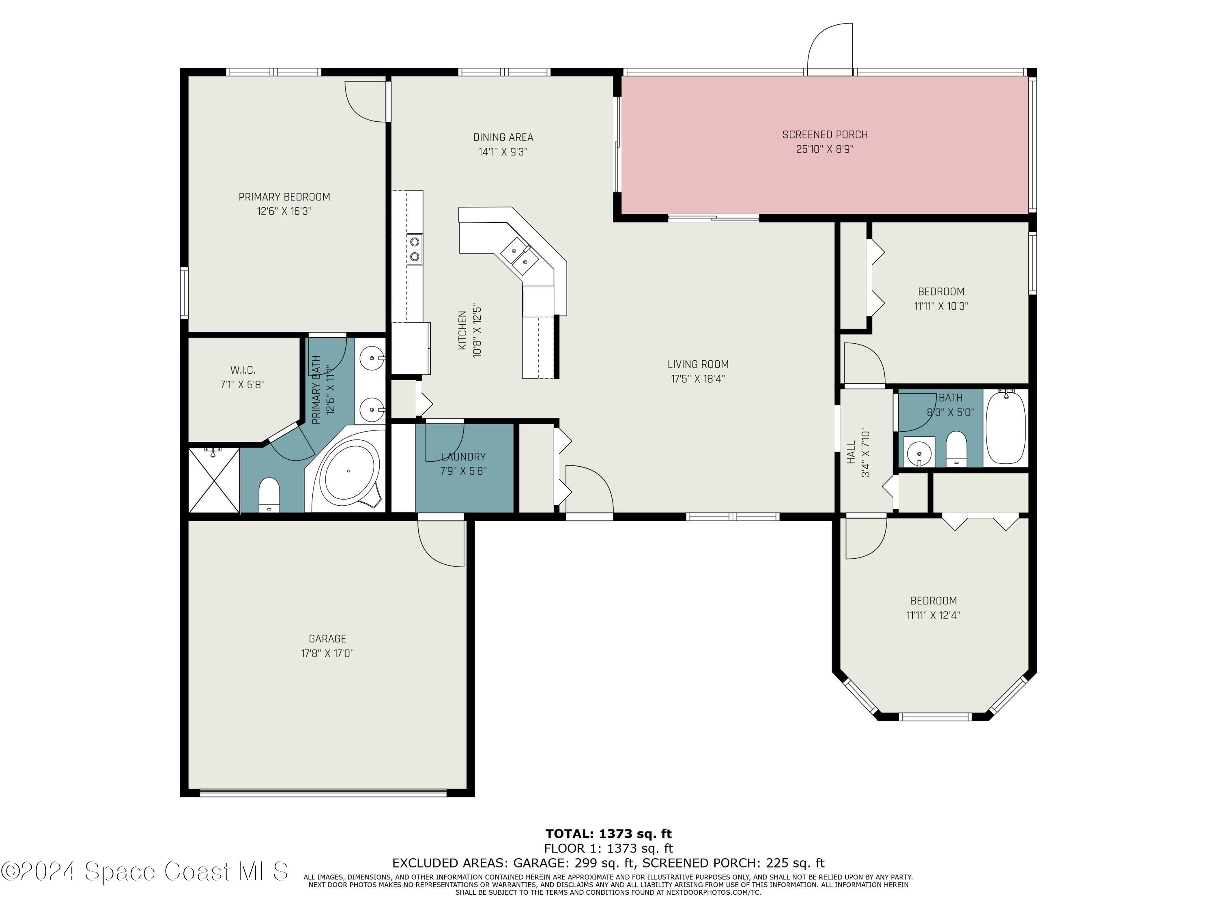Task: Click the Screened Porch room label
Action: [825, 134]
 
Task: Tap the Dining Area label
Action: [503, 137]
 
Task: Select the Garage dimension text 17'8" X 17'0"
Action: [327, 653]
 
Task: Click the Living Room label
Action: [698, 364]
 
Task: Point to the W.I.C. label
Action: [242, 370]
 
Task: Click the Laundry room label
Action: [463, 457]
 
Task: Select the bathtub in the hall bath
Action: [1006, 427]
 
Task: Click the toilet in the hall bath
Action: [957, 448]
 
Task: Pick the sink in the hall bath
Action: [919, 453]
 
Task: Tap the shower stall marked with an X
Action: [215, 480]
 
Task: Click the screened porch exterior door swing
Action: [830, 48]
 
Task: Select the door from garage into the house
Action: [441, 542]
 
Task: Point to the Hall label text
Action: [851, 452]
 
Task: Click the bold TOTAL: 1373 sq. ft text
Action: [608, 834]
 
